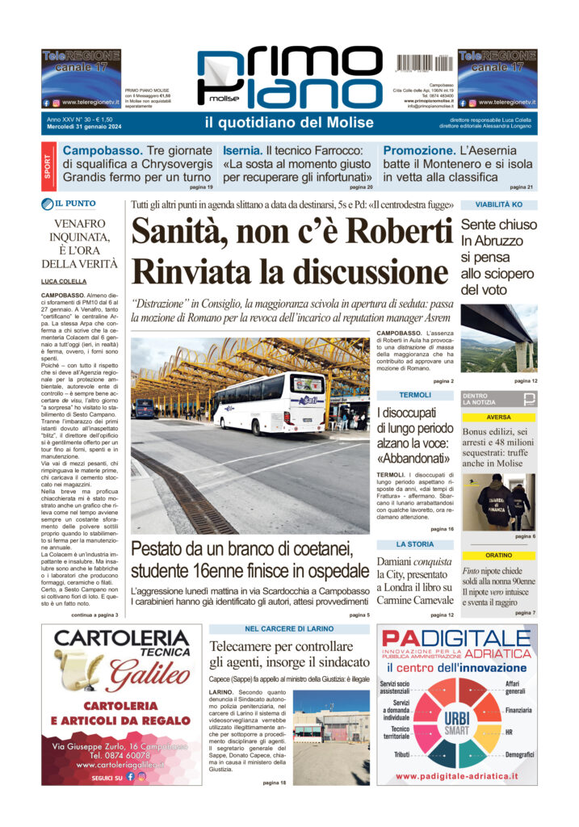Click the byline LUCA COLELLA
(65, 281)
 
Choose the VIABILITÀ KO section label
(498, 205)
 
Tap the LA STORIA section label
(415, 544)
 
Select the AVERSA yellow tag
(498, 418)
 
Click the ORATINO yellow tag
(498, 556)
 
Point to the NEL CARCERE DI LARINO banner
(290, 629)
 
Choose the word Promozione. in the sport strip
(419, 151)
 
